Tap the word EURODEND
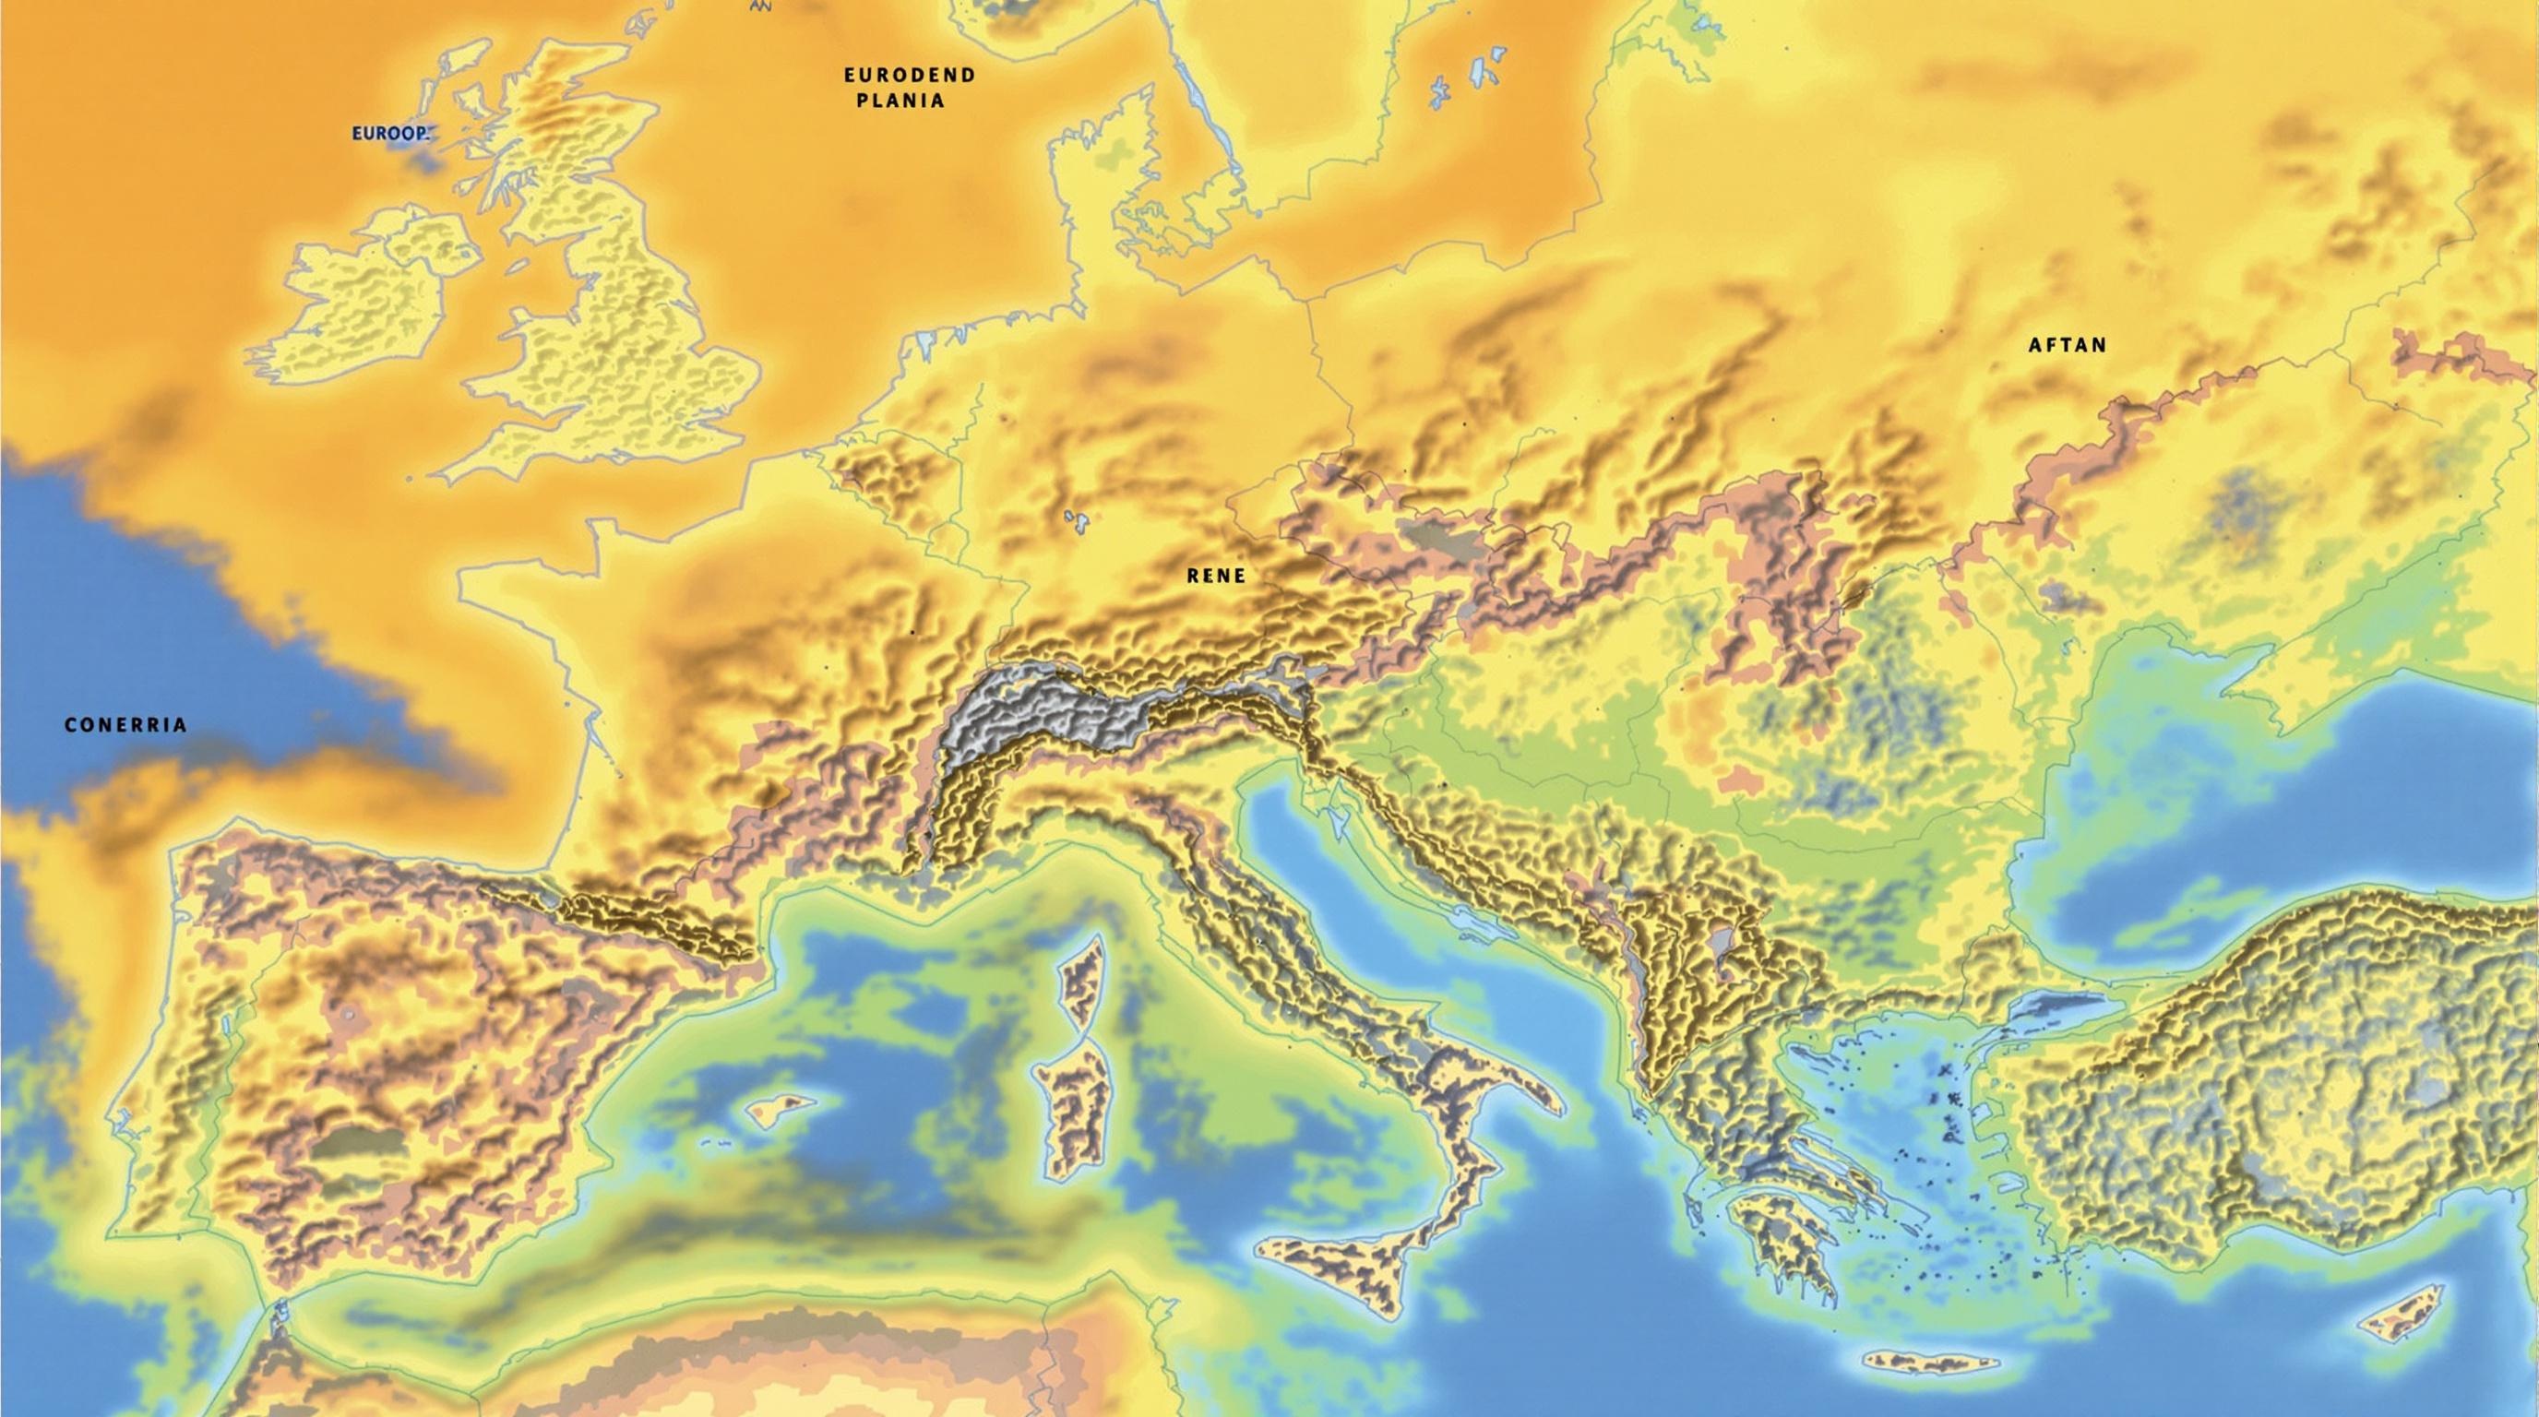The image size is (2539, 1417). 909,75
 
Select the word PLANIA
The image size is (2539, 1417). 900,101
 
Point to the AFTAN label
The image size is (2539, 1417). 2067,345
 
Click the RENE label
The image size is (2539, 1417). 1215,577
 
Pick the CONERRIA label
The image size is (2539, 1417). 125,725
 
